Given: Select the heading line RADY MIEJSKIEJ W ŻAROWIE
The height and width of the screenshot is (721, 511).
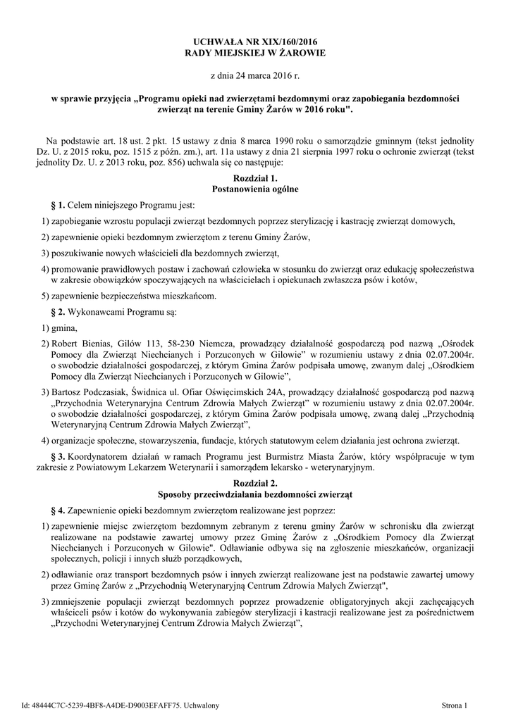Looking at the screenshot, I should (255, 53).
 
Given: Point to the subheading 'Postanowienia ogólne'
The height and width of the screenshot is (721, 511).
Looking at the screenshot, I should (255, 189).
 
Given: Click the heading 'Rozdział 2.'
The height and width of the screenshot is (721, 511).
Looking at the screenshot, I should (255, 483).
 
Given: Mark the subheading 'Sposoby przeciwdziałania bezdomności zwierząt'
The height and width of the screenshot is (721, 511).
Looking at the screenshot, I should (255, 494).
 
